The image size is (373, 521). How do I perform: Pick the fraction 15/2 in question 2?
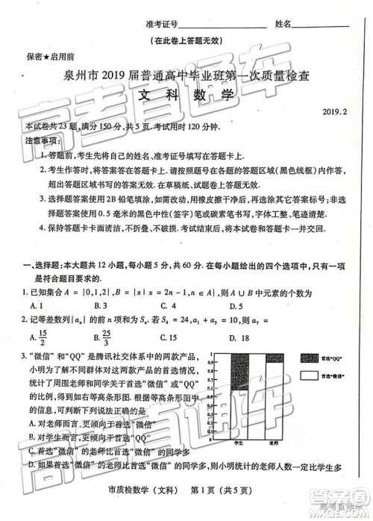pyautogui.click(x=43, y=337)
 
